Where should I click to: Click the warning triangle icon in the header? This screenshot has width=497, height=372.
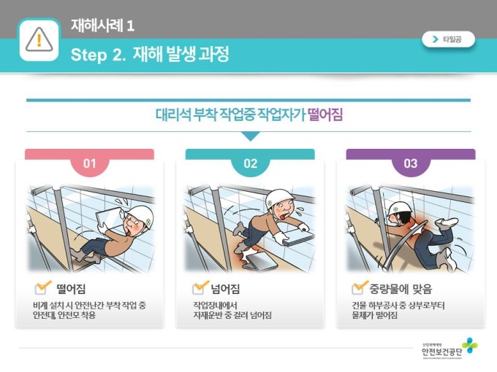pyautogui.click(x=39, y=39)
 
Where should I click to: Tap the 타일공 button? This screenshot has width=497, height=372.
pyautogui.click(x=448, y=39)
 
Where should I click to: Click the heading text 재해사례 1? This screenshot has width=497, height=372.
pyautogui.click(x=102, y=26)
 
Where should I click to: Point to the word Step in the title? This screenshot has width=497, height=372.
pyautogui.click(x=88, y=55)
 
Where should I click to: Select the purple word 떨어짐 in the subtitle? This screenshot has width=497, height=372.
pyautogui.click(x=325, y=115)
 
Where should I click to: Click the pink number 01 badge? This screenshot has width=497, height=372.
pyautogui.click(x=89, y=163)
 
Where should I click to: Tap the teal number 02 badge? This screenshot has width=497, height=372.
pyautogui.click(x=251, y=163)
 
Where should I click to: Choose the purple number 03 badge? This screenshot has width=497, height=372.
pyautogui.click(x=411, y=163)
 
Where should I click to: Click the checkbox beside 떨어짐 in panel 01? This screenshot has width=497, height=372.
pyautogui.click(x=42, y=287)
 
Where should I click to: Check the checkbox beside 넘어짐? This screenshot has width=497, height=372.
pyautogui.click(x=200, y=287)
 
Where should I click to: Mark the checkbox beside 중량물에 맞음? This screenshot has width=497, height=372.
pyautogui.click(x=359, y=287)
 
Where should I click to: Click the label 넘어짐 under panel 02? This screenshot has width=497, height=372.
pyautogui.click(x=225, y=289)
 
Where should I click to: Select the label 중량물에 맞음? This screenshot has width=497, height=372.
pyautogui.click(x=401, y=289)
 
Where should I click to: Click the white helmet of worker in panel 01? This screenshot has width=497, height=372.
pyautogui.click(x=142, y=216)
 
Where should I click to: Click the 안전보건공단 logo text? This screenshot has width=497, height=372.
pyautogui.click(x=442, y=352)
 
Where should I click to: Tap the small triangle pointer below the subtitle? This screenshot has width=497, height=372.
pyautogui.click(x=251, y=136)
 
